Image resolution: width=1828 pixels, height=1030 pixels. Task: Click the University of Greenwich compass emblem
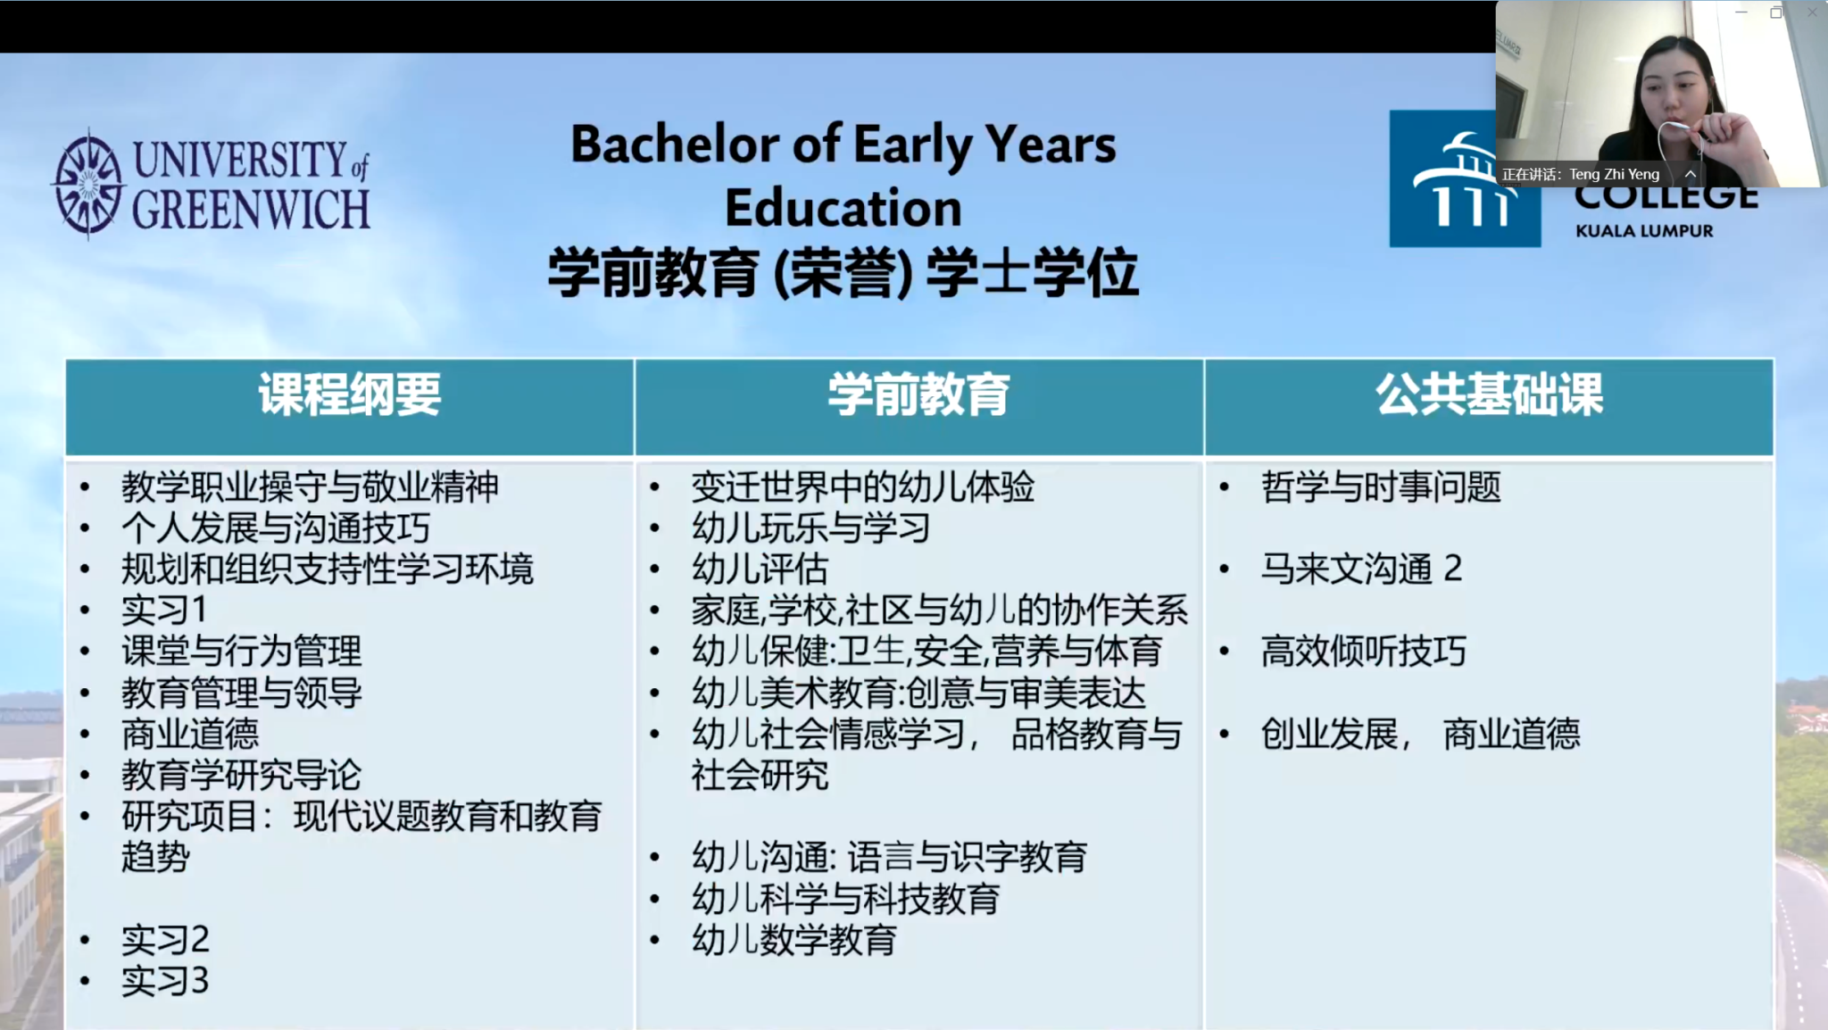(87, 185)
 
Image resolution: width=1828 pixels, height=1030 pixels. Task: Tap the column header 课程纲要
(350, 395)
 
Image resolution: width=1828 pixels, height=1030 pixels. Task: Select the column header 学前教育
(918, 395)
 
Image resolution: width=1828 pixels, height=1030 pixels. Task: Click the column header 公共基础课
(1489, 395)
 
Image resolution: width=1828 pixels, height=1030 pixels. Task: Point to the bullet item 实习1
(164, 611)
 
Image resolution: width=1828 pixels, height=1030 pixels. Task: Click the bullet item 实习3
(165, 981)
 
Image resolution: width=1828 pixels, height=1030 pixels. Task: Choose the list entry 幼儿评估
(760, 569)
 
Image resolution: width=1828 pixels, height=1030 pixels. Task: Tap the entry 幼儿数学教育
(794, 940)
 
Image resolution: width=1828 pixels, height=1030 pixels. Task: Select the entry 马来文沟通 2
(1362, 569)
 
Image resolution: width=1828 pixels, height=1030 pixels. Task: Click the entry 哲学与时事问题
(1381, 487)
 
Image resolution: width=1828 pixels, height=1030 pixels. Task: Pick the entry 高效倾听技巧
(1364, 652)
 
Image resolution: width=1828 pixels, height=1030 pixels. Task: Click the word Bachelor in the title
(676, 145)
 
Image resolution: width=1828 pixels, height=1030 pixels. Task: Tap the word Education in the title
(843, 208)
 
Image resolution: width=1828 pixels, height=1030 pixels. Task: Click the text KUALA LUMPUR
(1644, 231)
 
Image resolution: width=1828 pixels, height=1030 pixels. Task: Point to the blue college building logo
(1465, 179)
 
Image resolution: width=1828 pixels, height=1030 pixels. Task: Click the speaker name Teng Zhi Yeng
(1614, 175)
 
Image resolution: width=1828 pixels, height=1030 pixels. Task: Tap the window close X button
(1812, 12)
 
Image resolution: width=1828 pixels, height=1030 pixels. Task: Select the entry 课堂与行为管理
(242, 652)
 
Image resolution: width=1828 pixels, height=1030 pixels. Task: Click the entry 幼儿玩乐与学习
(811, 528)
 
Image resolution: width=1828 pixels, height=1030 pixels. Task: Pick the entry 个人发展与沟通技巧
(276, 528)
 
